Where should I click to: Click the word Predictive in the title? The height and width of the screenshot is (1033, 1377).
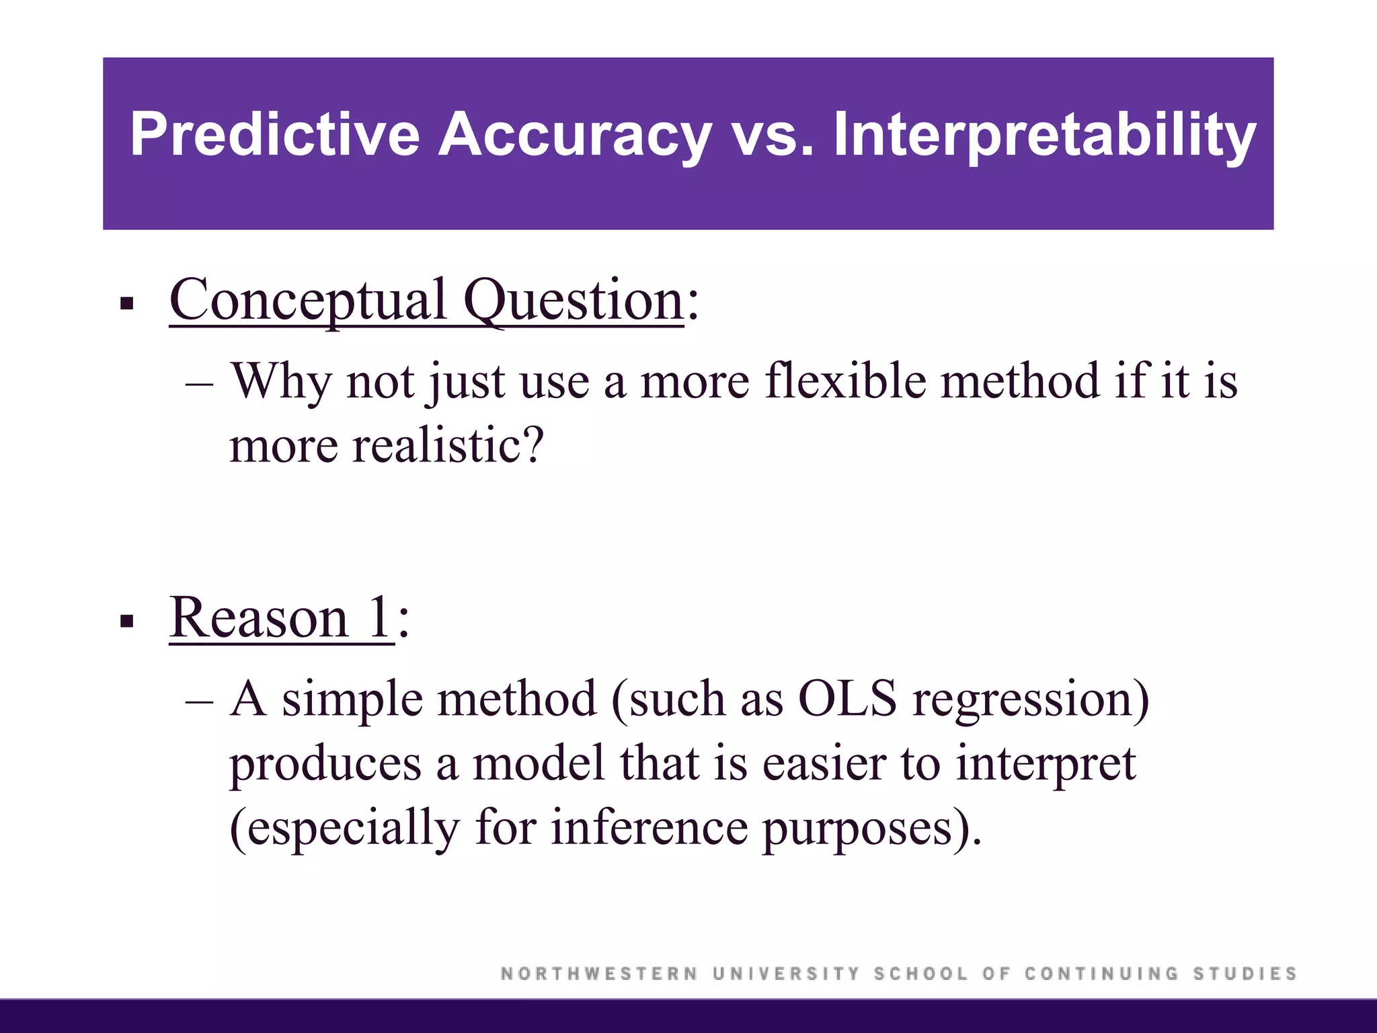274,135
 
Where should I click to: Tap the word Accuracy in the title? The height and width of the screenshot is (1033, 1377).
575,135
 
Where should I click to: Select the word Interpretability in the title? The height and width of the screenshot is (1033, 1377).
1044,135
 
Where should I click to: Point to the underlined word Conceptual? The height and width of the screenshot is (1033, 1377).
308,300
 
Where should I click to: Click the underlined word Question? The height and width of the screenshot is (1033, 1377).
574,300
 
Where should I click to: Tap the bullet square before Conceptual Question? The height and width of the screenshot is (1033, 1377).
126,304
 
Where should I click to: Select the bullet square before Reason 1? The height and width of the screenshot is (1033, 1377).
126,621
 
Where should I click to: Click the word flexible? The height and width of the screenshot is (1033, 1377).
845,381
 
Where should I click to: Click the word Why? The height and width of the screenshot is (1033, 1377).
281,381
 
